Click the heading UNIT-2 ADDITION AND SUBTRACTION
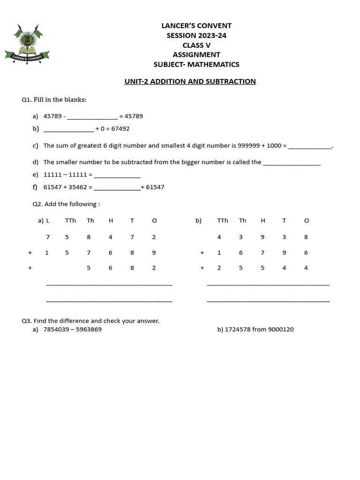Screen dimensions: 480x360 [190, 82]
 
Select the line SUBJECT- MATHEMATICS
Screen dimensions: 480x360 [196, 65]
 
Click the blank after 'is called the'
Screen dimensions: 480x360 [292, 163]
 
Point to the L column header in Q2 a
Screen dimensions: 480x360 [48, 221]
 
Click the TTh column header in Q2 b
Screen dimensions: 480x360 [223, 221]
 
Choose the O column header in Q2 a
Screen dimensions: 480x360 [154, 221]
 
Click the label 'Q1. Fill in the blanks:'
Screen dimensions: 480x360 [54, 100]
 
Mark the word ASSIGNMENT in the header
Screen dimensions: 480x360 [196, 55]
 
